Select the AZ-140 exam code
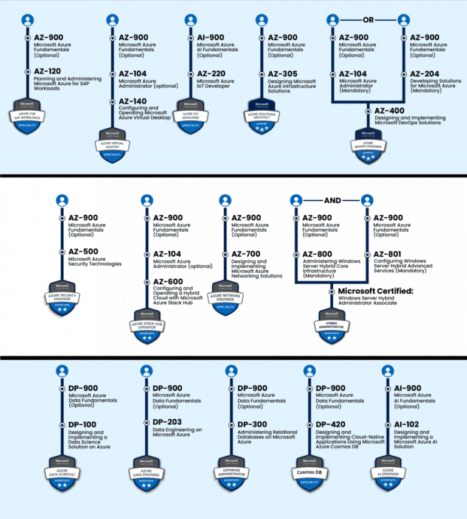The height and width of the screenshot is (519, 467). (x=133, y=101)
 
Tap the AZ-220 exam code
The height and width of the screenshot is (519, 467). (x=210, y=74)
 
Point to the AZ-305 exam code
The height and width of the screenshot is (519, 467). (x=282, y=74)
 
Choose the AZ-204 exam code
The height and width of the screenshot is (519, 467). (x=424, y=74)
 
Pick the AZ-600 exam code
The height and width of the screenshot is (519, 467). (x=167, y=281)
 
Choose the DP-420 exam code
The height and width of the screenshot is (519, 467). (x=330, y=424)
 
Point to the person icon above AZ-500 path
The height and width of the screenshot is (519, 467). (x=61, y=200)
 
